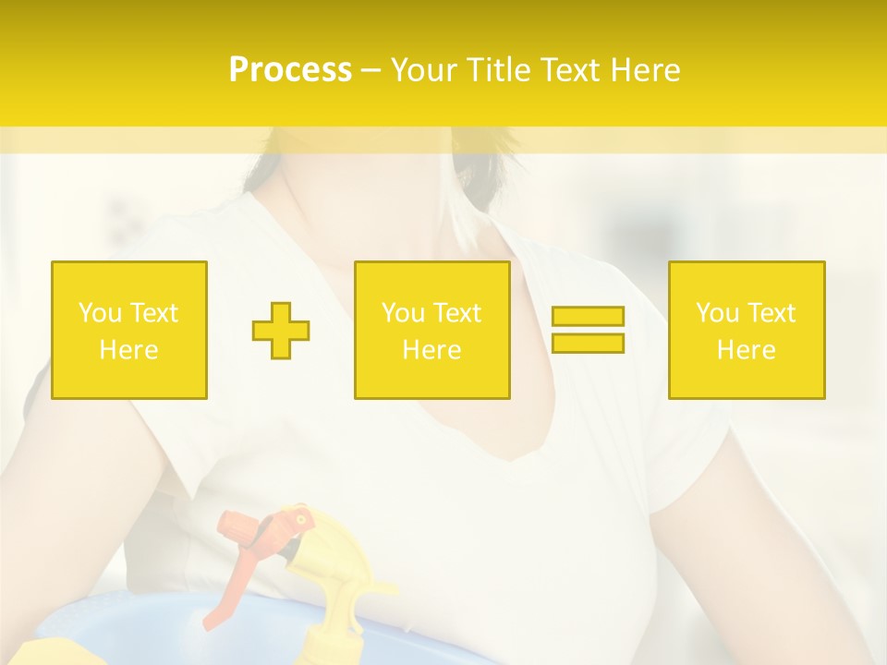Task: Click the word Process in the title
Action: tap(290, 70)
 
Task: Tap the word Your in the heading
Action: tap(425, 70)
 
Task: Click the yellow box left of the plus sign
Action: tap(128, 330)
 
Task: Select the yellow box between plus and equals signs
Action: tap(431, 330)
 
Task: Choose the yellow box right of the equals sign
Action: tap(746, 330)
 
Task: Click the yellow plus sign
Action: tap(281, 330)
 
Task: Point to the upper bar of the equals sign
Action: tap(588, 316)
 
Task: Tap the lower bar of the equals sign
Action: tap(588, 343)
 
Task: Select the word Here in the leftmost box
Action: tap(128, 349)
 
